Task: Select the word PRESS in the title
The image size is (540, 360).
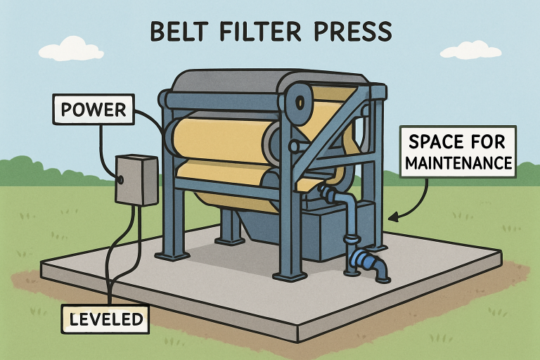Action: [x=355, y=33]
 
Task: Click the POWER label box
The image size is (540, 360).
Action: [x=94, y=110]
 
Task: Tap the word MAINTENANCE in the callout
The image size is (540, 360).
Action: [x=458, y=165]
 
